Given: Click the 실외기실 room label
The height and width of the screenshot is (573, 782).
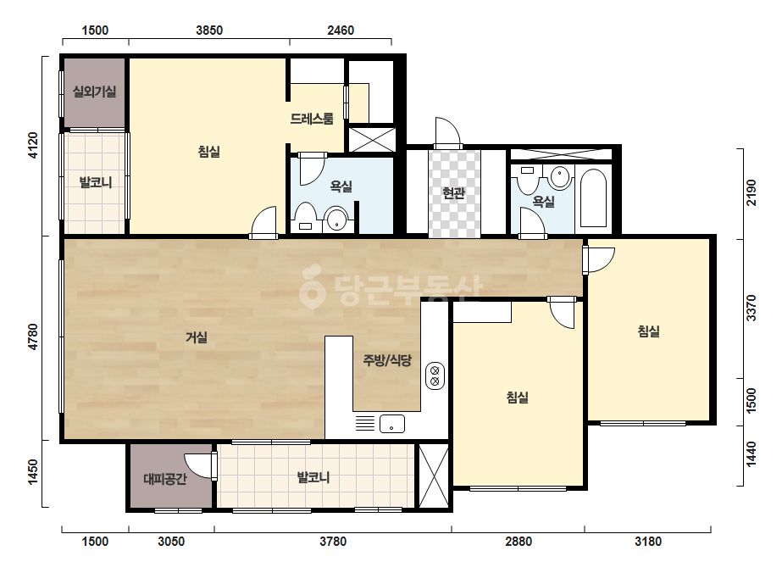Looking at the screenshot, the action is coord(95,92).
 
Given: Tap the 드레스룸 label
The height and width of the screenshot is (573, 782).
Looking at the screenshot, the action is coord(312,119).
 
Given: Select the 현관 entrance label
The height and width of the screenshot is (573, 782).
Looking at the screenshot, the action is coord(454,192).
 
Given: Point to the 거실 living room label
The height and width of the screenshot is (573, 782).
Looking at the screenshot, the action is coord(197,337).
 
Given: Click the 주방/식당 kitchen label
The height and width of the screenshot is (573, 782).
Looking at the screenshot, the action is coord(387,360).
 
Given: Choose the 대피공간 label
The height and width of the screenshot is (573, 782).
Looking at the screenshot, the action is coord(165,479).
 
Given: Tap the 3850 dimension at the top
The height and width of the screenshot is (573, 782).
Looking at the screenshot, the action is coord(209,31).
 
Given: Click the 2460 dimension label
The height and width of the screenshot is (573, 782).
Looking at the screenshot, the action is coord(341,31).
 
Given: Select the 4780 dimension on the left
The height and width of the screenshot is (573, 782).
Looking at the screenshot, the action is coord(32,337).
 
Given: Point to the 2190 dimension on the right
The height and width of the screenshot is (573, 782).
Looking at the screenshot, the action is coord(751,192).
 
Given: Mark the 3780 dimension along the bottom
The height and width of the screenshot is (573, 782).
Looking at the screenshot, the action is coord(333,542).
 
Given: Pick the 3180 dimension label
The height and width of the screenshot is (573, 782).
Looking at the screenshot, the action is coord(648,542).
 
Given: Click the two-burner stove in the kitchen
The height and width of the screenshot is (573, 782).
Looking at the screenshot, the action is coord(435,376).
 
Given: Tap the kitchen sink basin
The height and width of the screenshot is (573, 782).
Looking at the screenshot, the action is coord(392,425).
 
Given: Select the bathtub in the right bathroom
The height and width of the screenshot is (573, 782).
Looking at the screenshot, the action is coord(593,198).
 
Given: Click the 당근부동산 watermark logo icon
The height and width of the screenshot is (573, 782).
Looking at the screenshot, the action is coord(312,286).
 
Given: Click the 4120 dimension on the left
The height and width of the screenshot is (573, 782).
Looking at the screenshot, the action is coord(32,146).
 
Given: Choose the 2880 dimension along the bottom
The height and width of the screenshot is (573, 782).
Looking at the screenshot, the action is coord(519,542).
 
